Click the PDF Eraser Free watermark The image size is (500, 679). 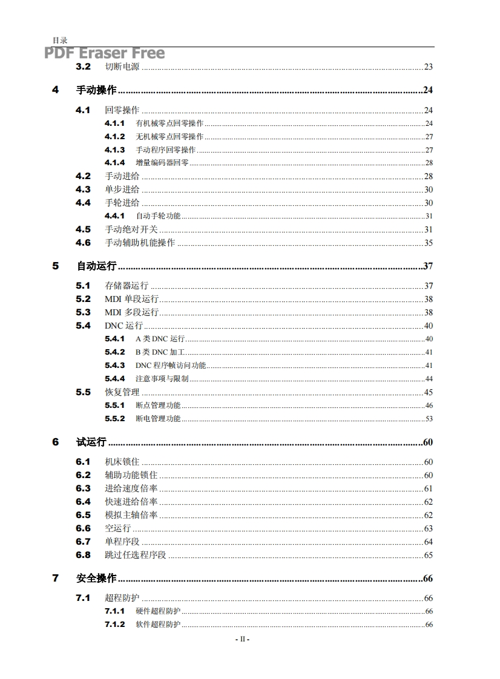pyautogui.click(x=104, y=54)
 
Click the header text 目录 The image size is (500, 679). pyautogui.click(x=59, y=40)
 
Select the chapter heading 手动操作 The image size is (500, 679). pyautogui.click(x=96, y=90)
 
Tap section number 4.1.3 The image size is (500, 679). pyautogui.click(x=114, y=149)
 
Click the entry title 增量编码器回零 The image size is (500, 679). pyautogui.click(x=162, y=163)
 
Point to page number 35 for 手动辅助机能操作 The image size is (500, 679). pyautogui.click(x=428, y=243)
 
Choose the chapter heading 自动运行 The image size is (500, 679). pyautogui.click(x=96, y=266)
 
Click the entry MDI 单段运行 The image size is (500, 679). pyautogui.click(x=131, y=299)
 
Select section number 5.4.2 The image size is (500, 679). pyautogui.click(x=114, y=352)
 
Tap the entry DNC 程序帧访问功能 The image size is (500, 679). pyautogui.click(x=171, y=366)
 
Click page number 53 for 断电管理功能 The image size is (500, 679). pyautogui.click(x=429, y=419)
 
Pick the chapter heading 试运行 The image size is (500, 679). pyautogui.click(x=91, y=442)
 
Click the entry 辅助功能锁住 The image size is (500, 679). pyautogui.click(x=131, y=475)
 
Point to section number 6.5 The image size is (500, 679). pyautogui.click(x=83, y=515)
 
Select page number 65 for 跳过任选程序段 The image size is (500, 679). pyautogui.click(x=428, y=555)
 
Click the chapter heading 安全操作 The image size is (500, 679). pyautogui.click(x=96, y=579)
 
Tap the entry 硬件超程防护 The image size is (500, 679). pyautogui.click(x=158, y=611)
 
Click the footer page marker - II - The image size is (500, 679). pyautogui.click(x=242, y=639)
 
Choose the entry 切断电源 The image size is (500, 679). pyautogui.click(x=122, y=67)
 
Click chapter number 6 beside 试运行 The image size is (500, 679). pyautogui.click(x=56, y=442)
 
